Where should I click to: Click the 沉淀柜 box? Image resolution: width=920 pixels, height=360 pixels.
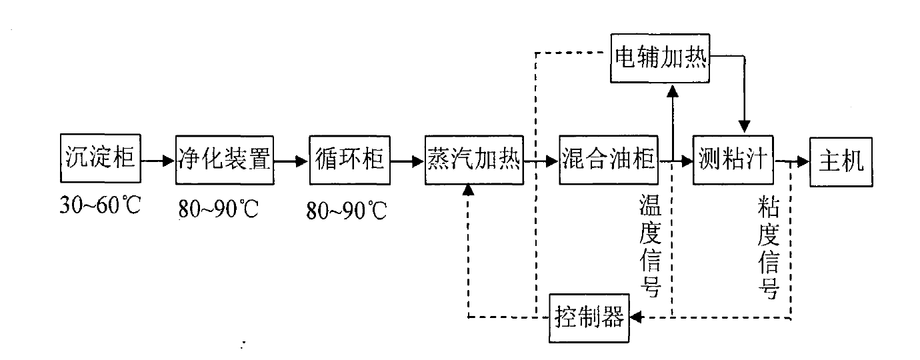(101, 160)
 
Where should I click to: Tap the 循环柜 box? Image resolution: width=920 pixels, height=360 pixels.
(349, 160)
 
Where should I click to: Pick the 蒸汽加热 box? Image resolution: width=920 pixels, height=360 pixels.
(474, 160)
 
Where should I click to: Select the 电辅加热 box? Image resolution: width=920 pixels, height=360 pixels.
(661, 57)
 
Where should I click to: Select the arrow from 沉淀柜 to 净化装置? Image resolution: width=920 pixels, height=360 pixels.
(158, 161)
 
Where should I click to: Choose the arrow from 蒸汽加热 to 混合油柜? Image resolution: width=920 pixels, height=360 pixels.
(541, 161)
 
